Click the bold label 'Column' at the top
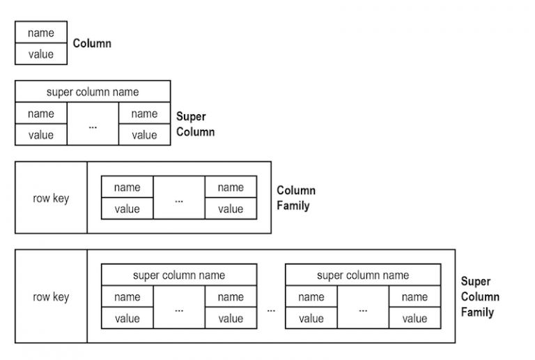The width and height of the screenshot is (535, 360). coord(92,43)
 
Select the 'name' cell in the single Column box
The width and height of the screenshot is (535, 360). coord(41,33)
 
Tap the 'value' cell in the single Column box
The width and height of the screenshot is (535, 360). coord(41,54)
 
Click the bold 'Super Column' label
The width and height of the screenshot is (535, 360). coord(195,124)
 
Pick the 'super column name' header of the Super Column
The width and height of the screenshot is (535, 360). coord(93,92)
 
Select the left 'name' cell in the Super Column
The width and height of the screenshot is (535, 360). coord(41,114)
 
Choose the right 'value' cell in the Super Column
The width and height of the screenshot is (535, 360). coord(144,135)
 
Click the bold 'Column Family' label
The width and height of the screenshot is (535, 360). coord(296,198)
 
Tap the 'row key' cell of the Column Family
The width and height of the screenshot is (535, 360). coord(51,198)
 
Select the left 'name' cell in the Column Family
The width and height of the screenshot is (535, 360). coord(127,187)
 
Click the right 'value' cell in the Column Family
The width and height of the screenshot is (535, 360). coord(231,209)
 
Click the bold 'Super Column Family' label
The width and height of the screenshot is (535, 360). coord(480,297)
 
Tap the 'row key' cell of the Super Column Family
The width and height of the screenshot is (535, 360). coord(51,297)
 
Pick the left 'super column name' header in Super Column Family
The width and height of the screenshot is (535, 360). coord(179,275)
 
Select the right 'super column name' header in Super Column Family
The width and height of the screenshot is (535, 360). coord(363,275)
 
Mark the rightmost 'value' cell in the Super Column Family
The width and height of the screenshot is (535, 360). coord(414,318)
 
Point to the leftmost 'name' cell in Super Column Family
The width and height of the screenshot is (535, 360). coord(127,297)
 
